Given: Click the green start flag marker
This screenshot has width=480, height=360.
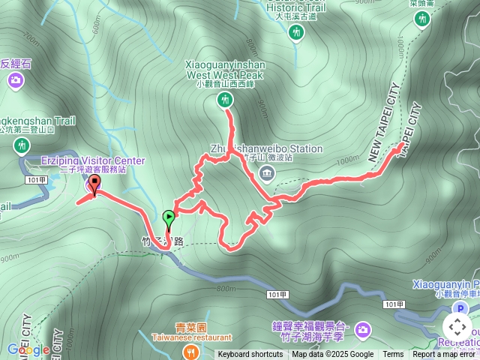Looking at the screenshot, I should pos(169,219).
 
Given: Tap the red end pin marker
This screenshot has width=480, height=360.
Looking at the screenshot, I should pos(94,184).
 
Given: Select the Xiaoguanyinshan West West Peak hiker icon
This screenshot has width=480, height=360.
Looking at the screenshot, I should pos(224,100).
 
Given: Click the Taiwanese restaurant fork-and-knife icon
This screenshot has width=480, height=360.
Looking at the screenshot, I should pos(193,349).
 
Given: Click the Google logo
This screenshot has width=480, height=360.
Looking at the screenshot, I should pos(28,349).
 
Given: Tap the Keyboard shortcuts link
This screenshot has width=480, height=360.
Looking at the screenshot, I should pos(250,355).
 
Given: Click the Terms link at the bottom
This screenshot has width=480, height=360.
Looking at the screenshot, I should pos(393,355).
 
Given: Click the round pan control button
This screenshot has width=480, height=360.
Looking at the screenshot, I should pos(457,327).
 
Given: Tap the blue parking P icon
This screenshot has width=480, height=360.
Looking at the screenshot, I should pos(462,309).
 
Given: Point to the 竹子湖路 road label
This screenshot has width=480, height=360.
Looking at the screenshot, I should pos(163,241).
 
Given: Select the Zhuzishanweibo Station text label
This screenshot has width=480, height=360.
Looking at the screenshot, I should pos(267,148).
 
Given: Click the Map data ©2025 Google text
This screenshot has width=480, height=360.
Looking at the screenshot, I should pos(332,355).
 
